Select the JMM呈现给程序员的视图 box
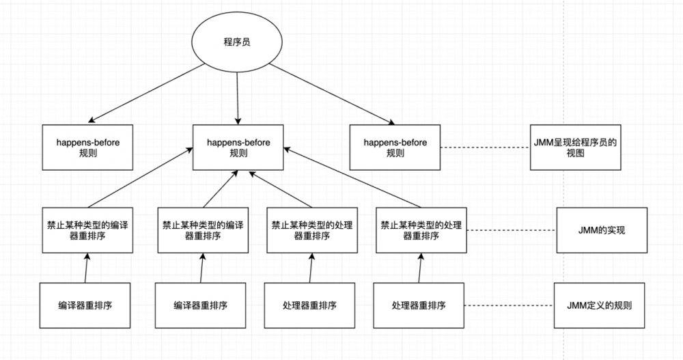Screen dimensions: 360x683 click(x=575, y=148)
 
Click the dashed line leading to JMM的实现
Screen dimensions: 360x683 click(x=515, y=230)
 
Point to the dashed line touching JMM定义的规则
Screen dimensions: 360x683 click(x=509, y=305)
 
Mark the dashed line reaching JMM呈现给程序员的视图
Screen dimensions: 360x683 click(x=484, y=148)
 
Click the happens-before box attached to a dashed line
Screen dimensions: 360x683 click(x=395, y=148)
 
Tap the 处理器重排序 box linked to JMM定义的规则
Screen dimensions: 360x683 click(x=419, y=305)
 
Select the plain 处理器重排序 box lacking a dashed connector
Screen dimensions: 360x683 click(x=309, y=305)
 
